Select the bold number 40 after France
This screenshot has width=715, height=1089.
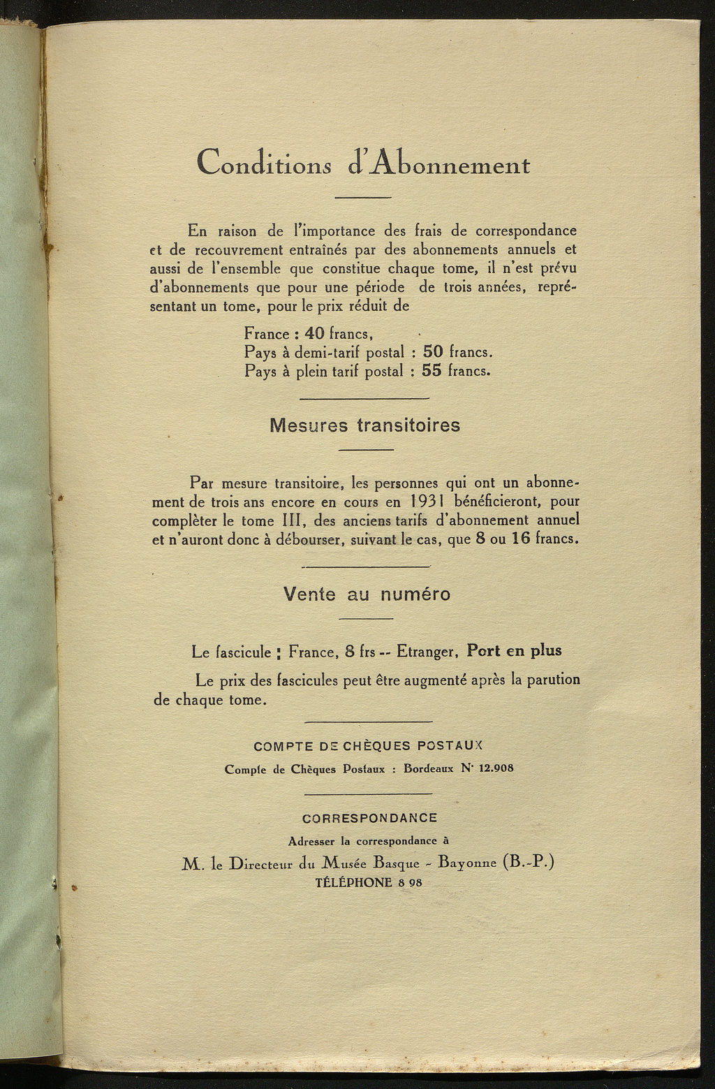tap(307, 334)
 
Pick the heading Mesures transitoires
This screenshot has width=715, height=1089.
tap(365, 425)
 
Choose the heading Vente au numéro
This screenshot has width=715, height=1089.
tap(367, 594)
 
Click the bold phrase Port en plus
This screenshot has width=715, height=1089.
tap(514, 650)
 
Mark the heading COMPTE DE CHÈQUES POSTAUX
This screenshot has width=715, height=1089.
tap(368, 745)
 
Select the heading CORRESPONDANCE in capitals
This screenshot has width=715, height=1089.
tap(369, 818)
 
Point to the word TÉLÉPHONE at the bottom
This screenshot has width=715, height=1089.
tap(354, 882)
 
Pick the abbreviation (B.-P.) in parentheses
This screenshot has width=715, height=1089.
tap(528, 862)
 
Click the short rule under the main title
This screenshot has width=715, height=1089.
tap(362, 198)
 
